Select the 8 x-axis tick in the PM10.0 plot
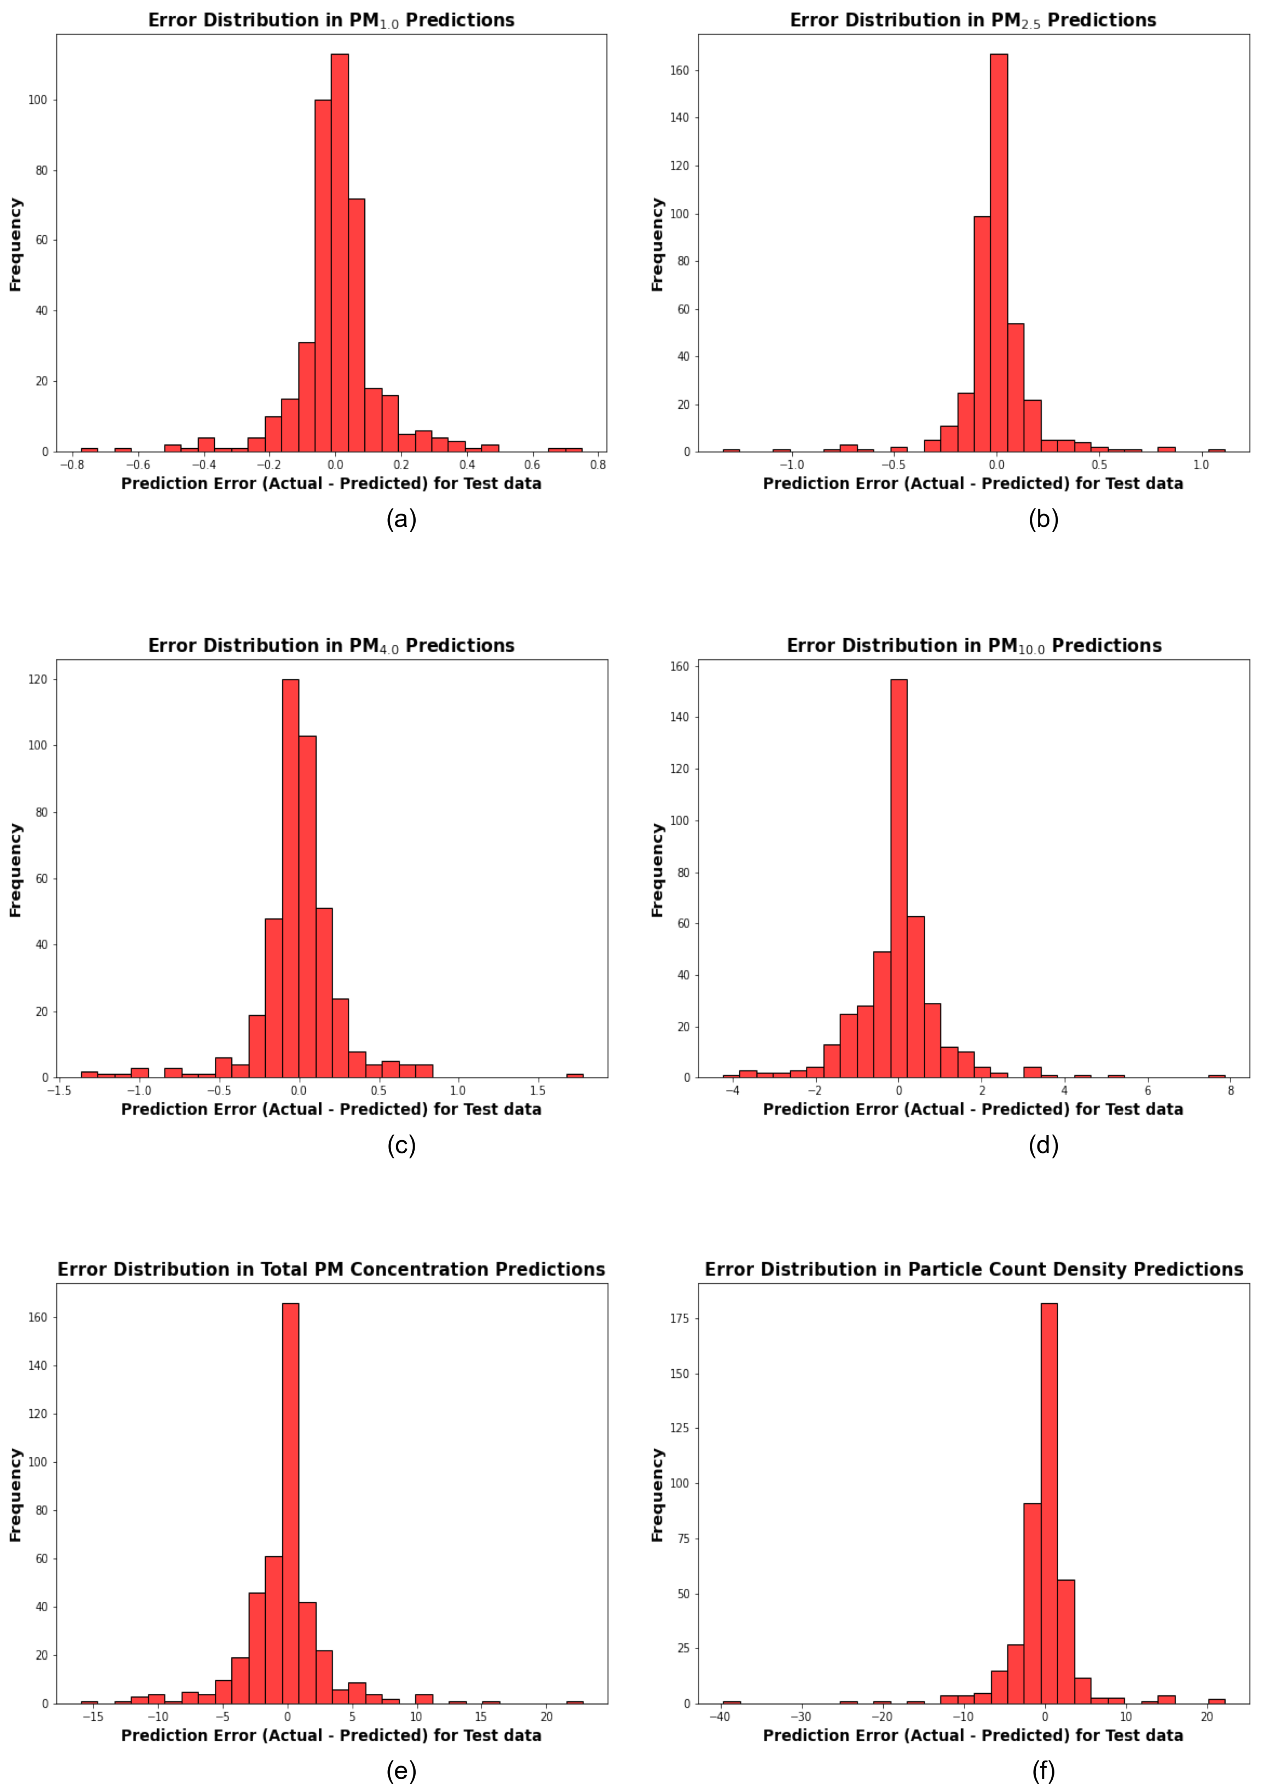pos(1231,1090)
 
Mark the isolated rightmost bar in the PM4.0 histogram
pos(575,1076)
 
